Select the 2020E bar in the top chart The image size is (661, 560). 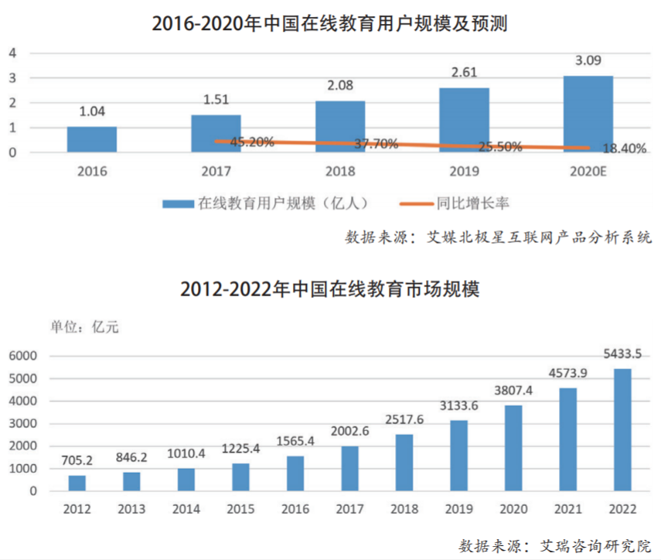tap(588, 114)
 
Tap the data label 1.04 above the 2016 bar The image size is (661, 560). tap(92, 111)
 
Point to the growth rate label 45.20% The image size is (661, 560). tap(249, 142)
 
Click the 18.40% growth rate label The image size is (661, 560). tap(622, 149)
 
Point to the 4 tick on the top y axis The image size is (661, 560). tap(12, 53)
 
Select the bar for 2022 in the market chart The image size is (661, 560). tap(622, 429)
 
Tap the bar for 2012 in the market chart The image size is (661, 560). tap(77, 483)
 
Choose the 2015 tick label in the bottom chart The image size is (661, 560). tap(241, 509)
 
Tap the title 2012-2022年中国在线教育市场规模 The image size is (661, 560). tap(330, 290)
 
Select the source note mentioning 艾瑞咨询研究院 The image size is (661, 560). tap(555, 545)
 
